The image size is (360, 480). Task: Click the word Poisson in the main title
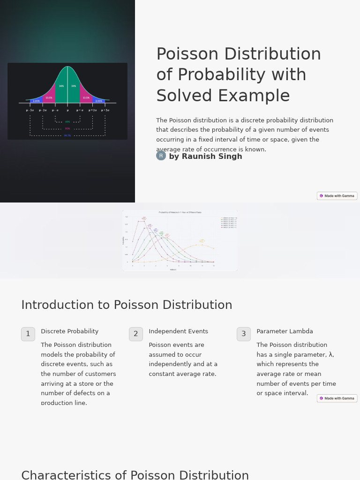[187, 55]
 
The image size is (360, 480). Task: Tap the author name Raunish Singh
[205, 157]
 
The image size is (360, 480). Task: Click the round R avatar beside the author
[161, 156]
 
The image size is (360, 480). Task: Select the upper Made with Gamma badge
[337, 196]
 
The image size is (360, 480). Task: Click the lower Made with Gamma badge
[337, 398]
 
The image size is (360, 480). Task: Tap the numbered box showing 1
[28, 334]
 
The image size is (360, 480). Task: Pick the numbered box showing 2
[136, 334]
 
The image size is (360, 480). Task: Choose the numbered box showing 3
[244, 334]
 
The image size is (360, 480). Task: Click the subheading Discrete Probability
[69, 331]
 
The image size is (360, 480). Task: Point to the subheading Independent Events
[178, 331]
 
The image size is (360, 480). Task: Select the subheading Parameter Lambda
[285, 331]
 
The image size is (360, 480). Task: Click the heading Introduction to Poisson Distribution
[127, 305]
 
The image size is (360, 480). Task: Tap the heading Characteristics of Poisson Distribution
[135, 475]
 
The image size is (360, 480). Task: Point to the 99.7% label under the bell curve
[67, 135]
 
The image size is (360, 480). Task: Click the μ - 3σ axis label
[30, 110]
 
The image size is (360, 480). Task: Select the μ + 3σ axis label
[105, 110]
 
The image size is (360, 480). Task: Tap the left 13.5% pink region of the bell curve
[49, 97]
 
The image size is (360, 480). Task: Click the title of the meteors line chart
[180, 212]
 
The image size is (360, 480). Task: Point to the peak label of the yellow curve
[202, 241]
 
